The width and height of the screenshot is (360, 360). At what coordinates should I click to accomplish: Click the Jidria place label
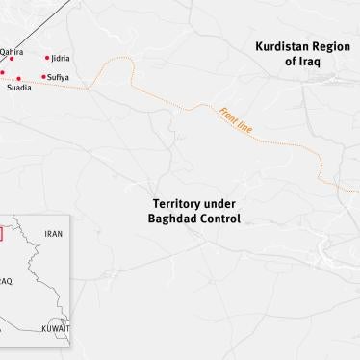(61, 58)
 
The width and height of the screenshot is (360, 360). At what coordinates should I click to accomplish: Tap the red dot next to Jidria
(47, 58)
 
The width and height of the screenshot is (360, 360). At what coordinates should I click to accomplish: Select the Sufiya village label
(59, 76)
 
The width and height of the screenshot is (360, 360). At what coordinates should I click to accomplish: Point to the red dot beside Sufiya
(43, 76)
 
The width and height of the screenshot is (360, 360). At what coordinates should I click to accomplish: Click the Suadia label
(19, 88)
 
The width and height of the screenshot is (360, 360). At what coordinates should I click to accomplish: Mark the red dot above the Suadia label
(18, 78)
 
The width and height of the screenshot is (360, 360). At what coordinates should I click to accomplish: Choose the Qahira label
(12, 52)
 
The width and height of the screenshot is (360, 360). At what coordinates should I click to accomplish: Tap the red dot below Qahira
(12, 60)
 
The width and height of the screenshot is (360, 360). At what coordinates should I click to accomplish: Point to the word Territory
(181, 204)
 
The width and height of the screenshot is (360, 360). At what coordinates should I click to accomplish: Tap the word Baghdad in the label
(173, 219)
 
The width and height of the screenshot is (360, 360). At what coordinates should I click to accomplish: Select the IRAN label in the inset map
(53, 234)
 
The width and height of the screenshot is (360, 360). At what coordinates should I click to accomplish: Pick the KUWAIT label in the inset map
(55, 328)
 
